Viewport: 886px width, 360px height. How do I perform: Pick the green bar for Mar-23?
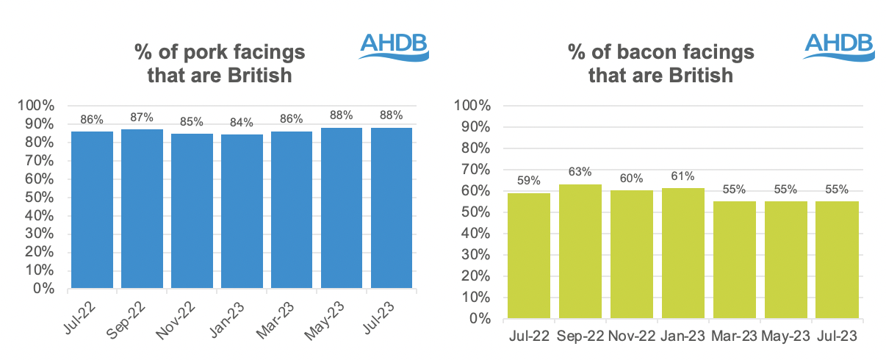734,260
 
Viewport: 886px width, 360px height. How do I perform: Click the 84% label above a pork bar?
242,123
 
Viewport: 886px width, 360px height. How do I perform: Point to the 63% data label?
580,173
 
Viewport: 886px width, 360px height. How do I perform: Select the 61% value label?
682,176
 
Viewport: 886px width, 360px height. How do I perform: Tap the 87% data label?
142,117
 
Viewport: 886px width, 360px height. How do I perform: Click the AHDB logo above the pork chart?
394,45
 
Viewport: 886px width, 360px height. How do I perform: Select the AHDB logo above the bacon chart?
839,45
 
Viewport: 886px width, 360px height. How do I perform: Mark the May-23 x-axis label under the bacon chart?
785,336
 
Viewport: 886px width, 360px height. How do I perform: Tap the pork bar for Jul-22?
92,209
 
